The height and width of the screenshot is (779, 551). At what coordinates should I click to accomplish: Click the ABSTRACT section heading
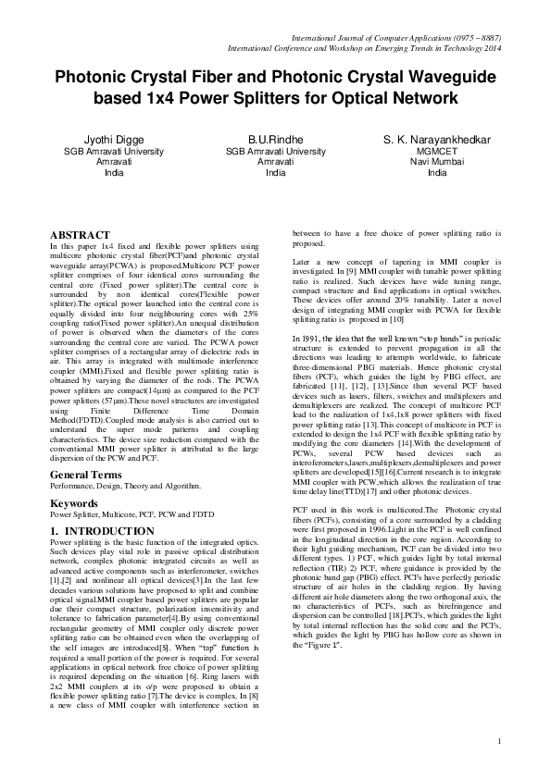[x=80, y=236]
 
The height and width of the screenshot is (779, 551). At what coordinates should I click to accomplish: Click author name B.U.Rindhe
[x=276, y=140]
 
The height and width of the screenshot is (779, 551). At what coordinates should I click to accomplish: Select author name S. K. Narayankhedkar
[x=437, y=140]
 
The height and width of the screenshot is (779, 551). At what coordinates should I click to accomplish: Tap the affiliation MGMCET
[x=437, y=151]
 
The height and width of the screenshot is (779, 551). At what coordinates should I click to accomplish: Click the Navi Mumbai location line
[x=437, y=161]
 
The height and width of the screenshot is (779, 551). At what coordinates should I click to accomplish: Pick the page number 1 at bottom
[x=499, y=740]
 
